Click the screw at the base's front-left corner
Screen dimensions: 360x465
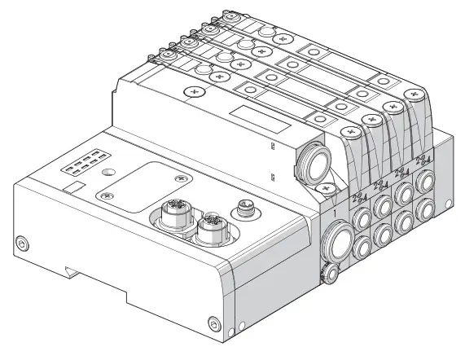22,241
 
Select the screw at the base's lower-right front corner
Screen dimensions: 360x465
213,320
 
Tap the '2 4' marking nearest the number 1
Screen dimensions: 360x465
358,197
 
